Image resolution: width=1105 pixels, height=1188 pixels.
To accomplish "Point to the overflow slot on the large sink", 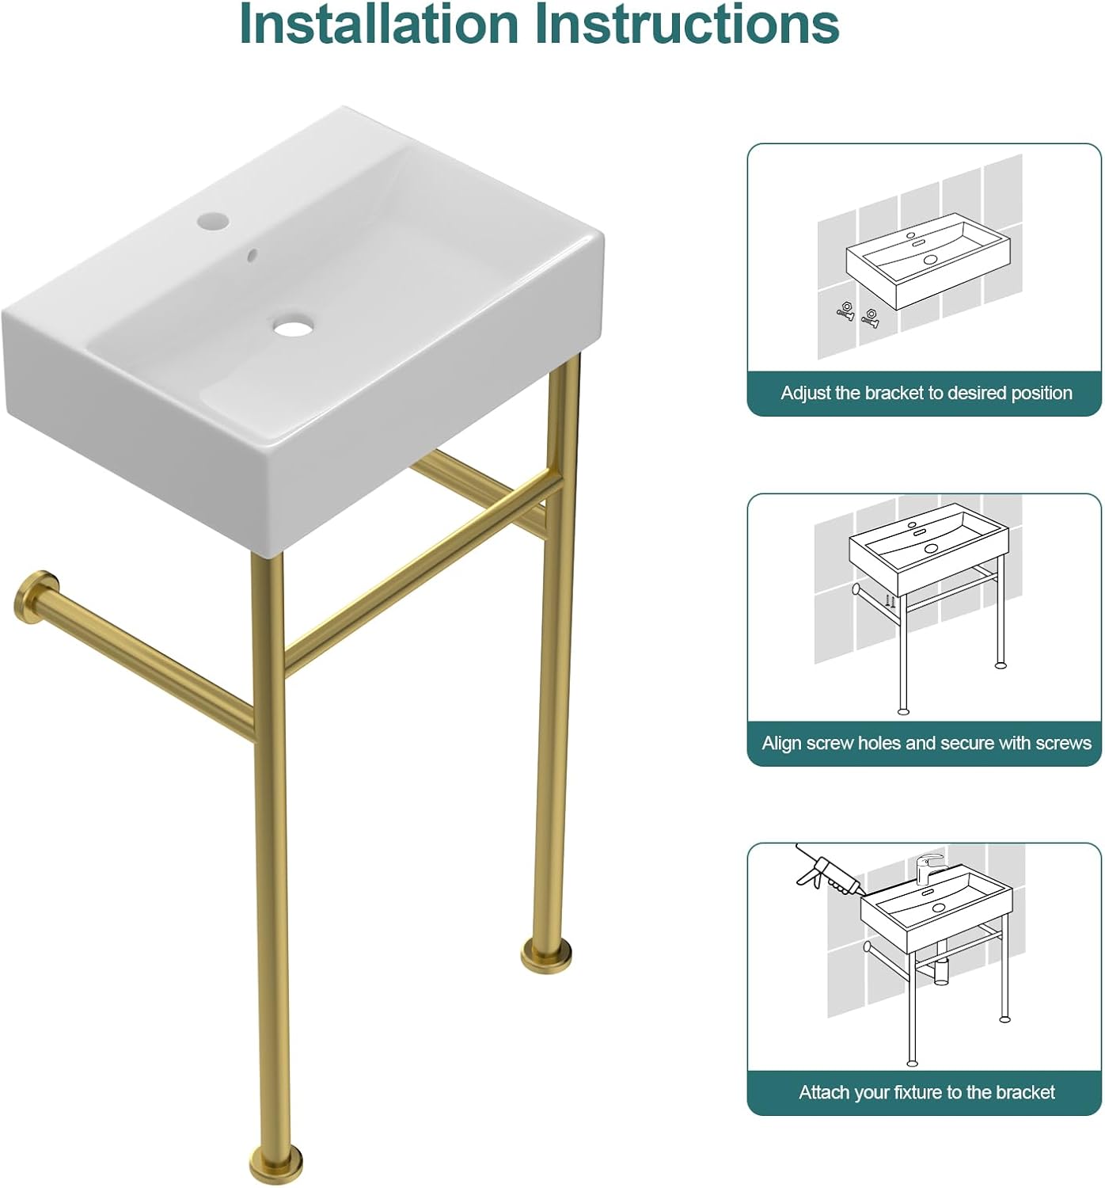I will [x=252, y=255].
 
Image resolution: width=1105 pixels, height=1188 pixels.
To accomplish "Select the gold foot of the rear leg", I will [x=546, y=954].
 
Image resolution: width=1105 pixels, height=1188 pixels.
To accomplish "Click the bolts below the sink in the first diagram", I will [x=858, y=314].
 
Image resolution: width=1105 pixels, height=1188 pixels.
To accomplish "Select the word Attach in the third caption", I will [x=821, y=1093].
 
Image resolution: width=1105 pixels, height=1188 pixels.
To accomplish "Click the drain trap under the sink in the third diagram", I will [x=941, y=971].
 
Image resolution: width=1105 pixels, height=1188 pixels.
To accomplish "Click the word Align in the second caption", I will [x=781, y=743].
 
